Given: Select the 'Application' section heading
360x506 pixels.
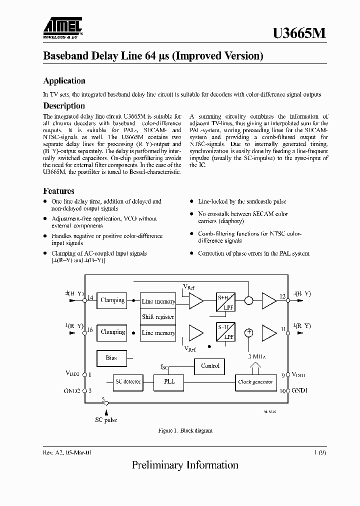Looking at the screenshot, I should click(x=64, y=81).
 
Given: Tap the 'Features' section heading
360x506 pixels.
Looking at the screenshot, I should click(x=59, y=191).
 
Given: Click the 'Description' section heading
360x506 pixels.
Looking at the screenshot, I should click(x=64, y=106).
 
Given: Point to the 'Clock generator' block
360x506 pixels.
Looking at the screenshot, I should click(x=255, y=382).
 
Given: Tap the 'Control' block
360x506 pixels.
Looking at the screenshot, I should click(x=210, y=366).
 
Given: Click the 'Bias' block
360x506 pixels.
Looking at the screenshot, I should click(x=111, y=358).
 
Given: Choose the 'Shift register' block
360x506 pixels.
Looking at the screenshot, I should click(x=158, y=316).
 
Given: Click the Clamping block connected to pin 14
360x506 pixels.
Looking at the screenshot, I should click(x=112, y=300).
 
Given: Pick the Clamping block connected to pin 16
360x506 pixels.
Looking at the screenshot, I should click(x=112, y=332).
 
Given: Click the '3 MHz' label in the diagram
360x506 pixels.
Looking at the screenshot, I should click(x=256, y=356).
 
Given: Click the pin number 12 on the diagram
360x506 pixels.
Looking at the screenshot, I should click(x=282, y=296).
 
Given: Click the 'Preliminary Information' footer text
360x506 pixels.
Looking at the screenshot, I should click(x=185, y=465).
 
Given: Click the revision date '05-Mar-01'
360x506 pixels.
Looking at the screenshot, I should click(x=76, y=452).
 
